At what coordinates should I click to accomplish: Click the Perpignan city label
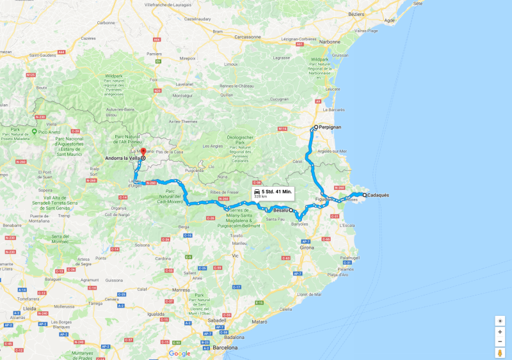[x=330, y=127]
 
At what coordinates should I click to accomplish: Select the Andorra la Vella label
[x=123, y=157]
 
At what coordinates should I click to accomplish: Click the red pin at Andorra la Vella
[x=143, y=152]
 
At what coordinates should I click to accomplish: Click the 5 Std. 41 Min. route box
[x=273, y=194]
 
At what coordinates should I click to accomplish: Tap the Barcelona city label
[x=225, y=348]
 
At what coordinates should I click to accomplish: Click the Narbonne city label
[x=330, y=42]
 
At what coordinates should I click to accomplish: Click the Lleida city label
[x=29, y=308]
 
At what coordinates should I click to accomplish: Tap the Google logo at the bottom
[x=179, y=353]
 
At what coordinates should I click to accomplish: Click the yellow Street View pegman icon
[x=500, y=352]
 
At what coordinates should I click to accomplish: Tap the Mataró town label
[x=259, y=321]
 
